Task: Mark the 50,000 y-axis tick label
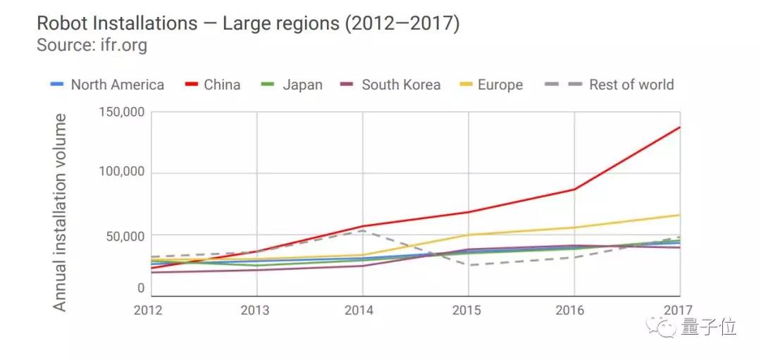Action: [121, 235]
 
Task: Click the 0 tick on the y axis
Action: [140, 288]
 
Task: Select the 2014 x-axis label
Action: [362, 311]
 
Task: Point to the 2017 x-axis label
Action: [677, 311]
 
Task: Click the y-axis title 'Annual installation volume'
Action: [61, 211]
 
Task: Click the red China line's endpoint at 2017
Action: [679, 127]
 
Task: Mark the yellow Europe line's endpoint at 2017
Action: [679, 215]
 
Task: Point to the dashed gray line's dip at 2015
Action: [468, 266]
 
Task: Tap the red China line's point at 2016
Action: [574, 189]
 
